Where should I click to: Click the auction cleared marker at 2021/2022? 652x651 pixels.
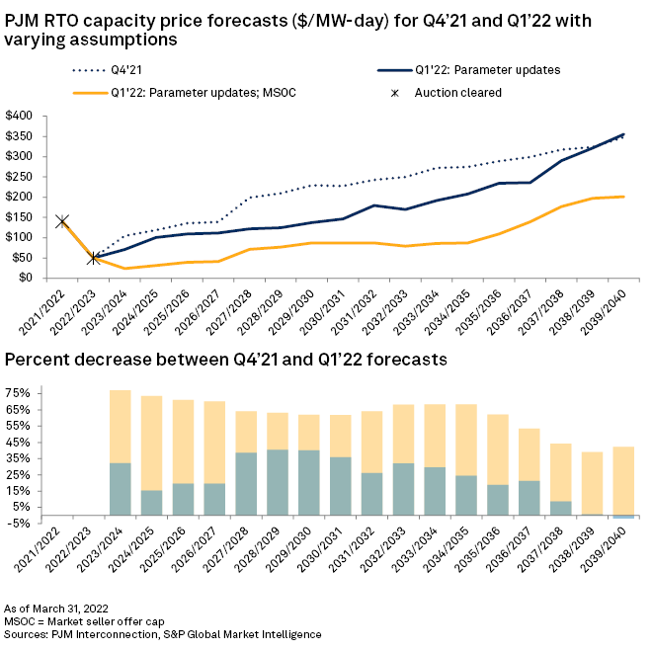(61, 221)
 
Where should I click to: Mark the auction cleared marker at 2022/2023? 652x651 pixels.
(94, 258)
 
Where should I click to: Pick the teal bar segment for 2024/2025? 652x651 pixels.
(151, 502)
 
